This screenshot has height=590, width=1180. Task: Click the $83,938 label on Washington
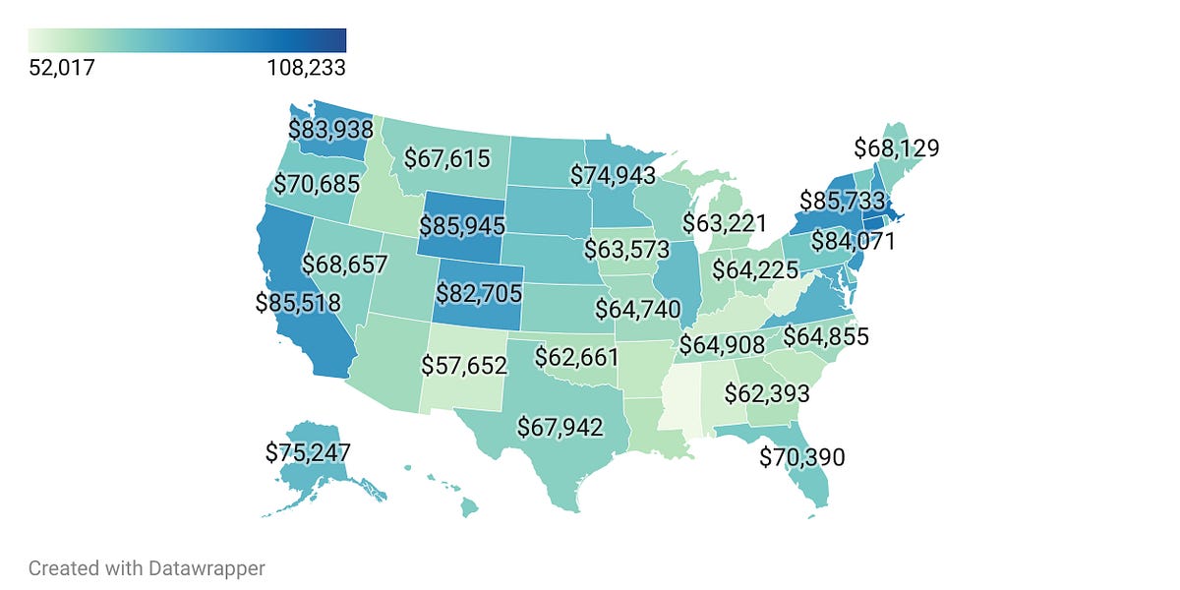[330, 129]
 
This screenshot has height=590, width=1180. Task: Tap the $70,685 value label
[316, 183]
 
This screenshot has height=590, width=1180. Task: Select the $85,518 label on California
[298, 302]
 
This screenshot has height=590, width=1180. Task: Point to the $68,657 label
[344, 265]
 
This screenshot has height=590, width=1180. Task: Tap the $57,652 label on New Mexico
[464, 366]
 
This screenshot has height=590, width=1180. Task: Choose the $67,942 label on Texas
[560, 427]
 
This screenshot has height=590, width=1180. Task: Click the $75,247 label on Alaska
[308, 452]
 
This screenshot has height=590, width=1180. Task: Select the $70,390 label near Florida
[802, 456]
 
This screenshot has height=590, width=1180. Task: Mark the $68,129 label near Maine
[896, 148]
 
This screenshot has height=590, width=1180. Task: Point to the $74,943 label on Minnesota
[614, 175]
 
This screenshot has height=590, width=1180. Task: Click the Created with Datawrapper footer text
[147, 567]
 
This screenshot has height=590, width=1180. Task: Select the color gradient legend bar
[187, 40]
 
